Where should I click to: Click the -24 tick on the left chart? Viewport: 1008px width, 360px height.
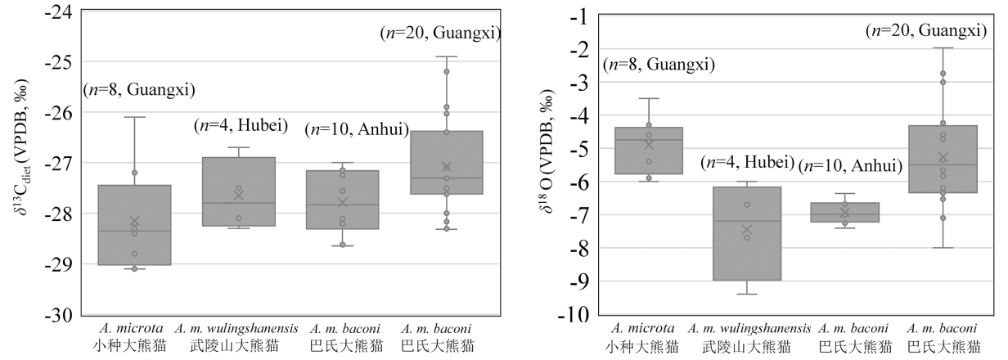point(58,11)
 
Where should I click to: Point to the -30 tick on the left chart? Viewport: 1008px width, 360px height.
point(58,315)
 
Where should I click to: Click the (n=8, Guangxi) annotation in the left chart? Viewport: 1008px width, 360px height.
point(139,90)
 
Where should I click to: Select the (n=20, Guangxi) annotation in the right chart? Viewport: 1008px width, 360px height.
point(925,31)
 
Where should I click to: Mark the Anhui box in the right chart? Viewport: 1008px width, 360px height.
point(845,213)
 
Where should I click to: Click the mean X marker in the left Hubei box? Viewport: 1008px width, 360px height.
point(239,195)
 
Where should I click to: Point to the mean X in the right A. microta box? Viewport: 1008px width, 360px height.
point(649,145)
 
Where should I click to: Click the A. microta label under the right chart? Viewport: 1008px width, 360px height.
point(649,329)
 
